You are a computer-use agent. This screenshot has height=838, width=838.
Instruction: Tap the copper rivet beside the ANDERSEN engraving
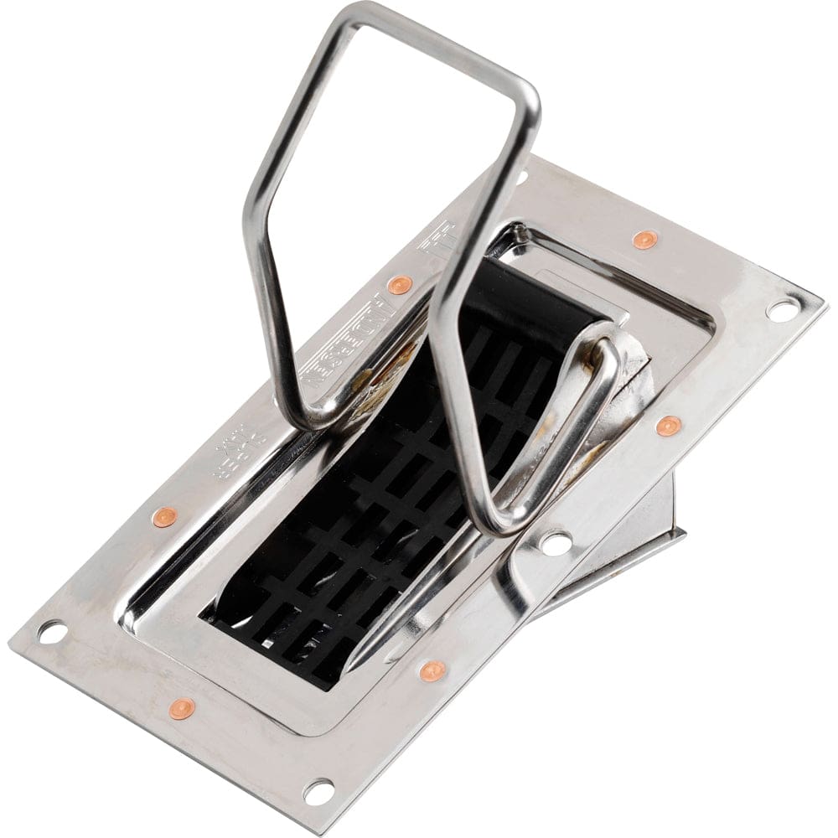click(401, 284)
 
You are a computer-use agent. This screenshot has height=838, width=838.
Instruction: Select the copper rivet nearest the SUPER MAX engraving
click(164, 516)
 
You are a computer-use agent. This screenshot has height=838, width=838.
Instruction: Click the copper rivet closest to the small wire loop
click(668, 426)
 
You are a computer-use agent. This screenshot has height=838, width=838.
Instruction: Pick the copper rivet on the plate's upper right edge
click(644, 240)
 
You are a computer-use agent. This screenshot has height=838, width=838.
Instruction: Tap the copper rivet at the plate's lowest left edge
click(181, 708)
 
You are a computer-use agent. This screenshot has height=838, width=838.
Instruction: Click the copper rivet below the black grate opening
click(432, 670)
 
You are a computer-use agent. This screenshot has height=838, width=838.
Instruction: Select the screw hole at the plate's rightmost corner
click(780, 309)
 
